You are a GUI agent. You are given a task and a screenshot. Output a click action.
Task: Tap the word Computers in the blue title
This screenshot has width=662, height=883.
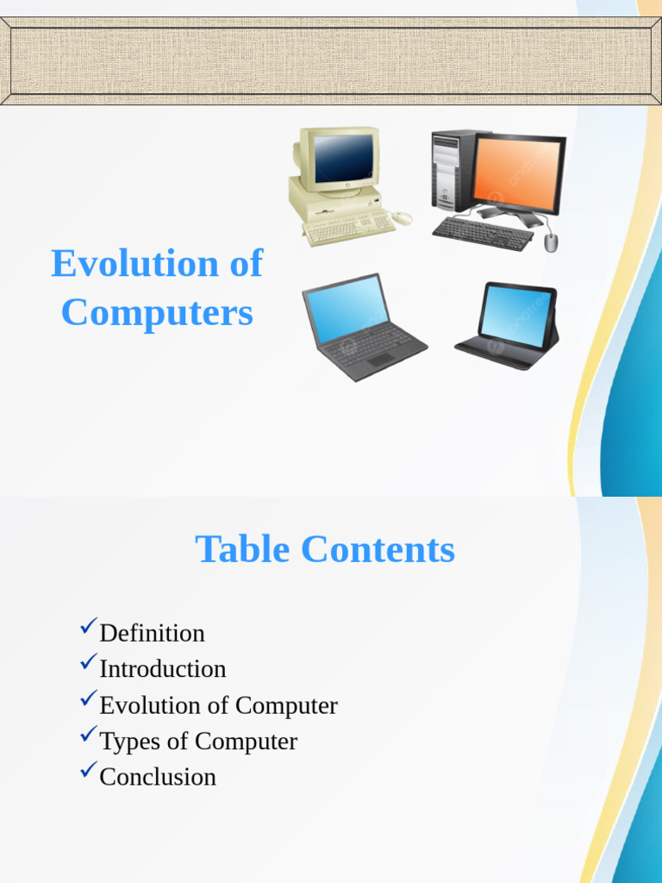point(157,313)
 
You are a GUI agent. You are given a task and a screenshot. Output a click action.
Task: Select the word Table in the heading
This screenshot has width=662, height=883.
point(240,549)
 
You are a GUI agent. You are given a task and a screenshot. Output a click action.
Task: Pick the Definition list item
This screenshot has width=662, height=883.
point(152,633)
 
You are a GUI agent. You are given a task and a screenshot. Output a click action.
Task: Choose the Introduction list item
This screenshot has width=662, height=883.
point(162,669)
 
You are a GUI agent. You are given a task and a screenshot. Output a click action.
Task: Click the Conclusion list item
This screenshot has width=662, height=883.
point(158,777)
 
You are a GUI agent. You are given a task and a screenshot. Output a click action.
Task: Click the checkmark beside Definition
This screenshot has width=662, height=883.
point(88,627)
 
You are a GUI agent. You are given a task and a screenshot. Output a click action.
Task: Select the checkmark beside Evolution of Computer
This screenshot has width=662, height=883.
point(88,698)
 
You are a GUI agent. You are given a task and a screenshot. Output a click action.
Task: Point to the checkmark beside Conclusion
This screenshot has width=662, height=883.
point(88,770)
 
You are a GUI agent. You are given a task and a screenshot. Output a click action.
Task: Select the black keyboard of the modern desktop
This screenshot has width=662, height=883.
point(482,233)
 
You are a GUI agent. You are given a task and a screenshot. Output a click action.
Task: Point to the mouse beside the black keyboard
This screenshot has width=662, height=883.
point(551,242)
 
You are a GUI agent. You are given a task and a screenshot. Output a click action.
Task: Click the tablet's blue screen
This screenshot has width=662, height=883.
point(515,315)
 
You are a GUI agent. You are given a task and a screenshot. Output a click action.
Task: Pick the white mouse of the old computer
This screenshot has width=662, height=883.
point(403,218)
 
